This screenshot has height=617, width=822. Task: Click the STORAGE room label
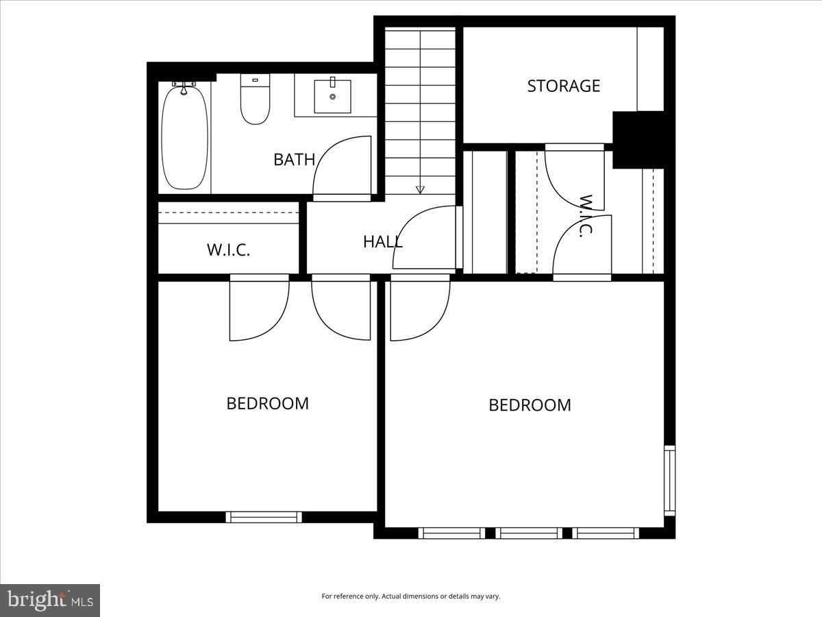[x=563, y=86]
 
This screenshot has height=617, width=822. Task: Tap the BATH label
[x=294, y=160]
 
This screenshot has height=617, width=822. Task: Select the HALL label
[x=382, y=241]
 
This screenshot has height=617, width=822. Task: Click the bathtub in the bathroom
[x=184, y=137]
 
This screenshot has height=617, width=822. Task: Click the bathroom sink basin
[x=333, y=97]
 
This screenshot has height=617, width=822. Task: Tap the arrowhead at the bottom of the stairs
[x=420, y=190]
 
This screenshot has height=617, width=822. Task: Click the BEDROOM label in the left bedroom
[x=267, y=403]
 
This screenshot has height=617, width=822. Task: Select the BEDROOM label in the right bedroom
[x=530, y=405]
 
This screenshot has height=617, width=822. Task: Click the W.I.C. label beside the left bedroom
[x=228, y=250]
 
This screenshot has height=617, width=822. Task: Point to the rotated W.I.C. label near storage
[x=586, y=215]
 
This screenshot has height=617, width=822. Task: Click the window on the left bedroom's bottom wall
[x=264, y=517]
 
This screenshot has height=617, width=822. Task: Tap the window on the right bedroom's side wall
[x=669, y=480]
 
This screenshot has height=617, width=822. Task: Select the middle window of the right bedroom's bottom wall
[x=529, y=533]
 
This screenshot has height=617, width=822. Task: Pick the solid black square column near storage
[x=638, y=140]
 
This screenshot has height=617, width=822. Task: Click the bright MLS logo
[x=50, y=601]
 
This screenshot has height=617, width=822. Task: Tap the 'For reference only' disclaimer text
[x=411, y=596]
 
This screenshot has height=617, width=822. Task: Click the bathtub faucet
[x=184, y=87]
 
